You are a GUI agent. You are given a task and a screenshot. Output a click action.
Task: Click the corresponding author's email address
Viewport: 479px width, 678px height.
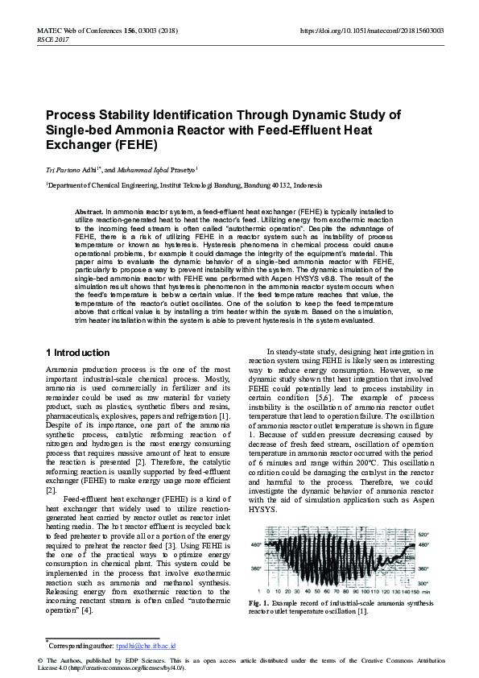[x=146, y=646]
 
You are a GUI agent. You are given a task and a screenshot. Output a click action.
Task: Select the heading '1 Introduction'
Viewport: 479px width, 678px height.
[x=77, y=353]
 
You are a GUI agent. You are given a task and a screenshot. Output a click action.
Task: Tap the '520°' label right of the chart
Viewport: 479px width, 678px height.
[x=423, y=533]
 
